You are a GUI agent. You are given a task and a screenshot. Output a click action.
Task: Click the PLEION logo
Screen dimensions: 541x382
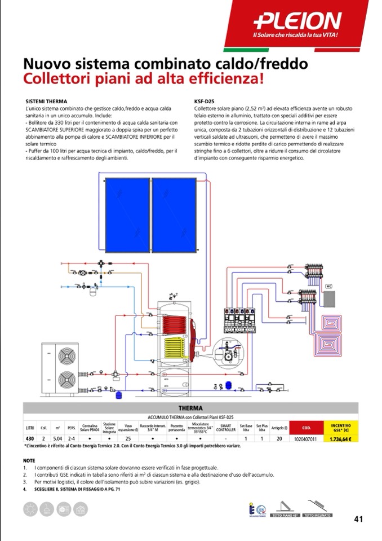[297, 21]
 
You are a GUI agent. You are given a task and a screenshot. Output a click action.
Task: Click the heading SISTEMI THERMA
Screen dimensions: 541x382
[47, 101]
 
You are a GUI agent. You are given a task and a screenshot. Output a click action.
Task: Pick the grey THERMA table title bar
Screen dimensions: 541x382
[190, 408]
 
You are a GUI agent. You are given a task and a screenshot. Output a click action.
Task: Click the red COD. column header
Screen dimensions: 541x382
[307, 427]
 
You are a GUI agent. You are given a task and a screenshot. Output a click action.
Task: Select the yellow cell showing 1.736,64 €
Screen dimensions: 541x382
[342, 438]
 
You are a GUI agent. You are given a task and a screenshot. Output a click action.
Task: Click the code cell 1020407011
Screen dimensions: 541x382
[307, 438]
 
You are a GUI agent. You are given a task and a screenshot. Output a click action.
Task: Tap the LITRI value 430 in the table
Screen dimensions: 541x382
[29, 438]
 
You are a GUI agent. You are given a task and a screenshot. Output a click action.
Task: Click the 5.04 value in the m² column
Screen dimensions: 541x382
[57, 438]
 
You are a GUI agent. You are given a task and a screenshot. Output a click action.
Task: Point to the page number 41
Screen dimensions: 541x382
[358, 518]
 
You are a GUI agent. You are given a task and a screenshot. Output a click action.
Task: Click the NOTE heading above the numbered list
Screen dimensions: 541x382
[29, 460]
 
